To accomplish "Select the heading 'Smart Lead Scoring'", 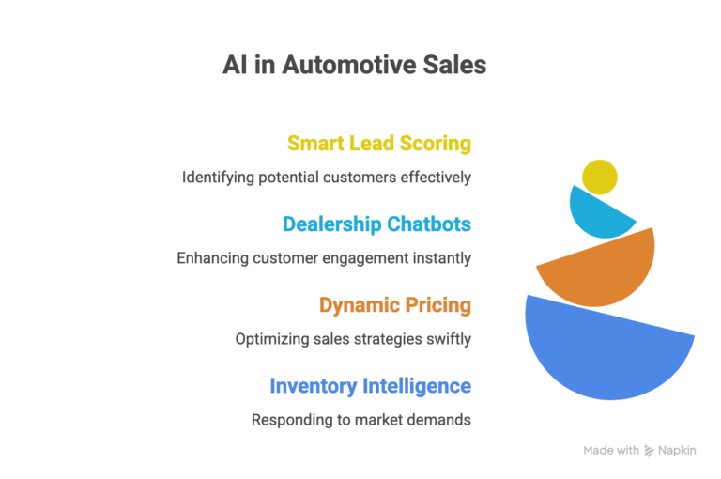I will click(378, 144).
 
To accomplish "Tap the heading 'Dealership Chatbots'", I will click(376, 224).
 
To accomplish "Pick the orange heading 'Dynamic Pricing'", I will click(394, 305).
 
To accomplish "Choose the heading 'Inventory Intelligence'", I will click(370, 386).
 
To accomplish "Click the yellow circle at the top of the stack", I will click(599, 177).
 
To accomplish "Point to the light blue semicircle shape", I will click(594, 214).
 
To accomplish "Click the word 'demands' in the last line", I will click(441, 419).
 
